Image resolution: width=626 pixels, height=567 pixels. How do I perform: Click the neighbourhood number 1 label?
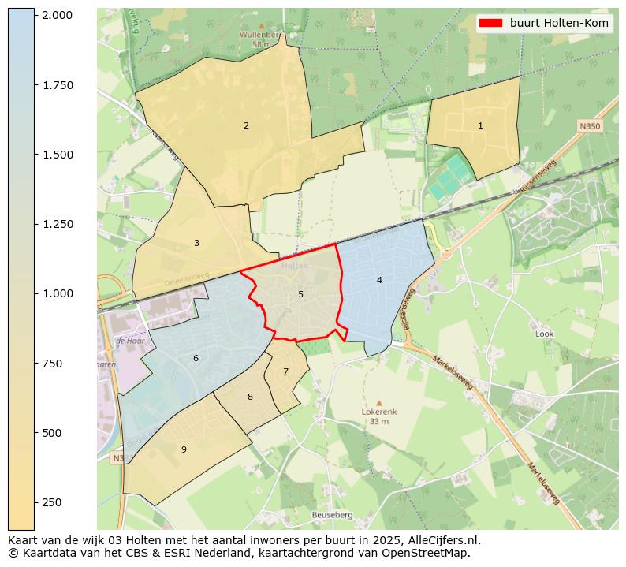(480, 126)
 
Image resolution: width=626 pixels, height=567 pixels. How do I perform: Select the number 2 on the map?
(246, 125)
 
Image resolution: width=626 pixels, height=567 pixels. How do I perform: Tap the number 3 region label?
(196, 243)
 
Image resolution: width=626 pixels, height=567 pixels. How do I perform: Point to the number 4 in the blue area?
(379, 280)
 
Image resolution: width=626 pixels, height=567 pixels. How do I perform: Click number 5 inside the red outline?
(300, 294)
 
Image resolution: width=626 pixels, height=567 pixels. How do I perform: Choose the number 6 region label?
(196, 359)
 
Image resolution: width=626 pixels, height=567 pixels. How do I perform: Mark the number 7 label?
(285, 371)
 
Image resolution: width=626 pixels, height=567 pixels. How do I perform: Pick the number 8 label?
(250, 397)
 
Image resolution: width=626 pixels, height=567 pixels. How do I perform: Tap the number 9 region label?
(184, 449)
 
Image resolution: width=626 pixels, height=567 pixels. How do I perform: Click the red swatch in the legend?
(490, 24)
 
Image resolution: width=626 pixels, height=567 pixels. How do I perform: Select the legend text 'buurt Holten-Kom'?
(559, 24)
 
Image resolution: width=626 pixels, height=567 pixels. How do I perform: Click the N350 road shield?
(589, 126)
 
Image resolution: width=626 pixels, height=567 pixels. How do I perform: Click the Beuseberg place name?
(332, 515)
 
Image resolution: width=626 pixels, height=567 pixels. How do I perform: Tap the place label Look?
(544, 334)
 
